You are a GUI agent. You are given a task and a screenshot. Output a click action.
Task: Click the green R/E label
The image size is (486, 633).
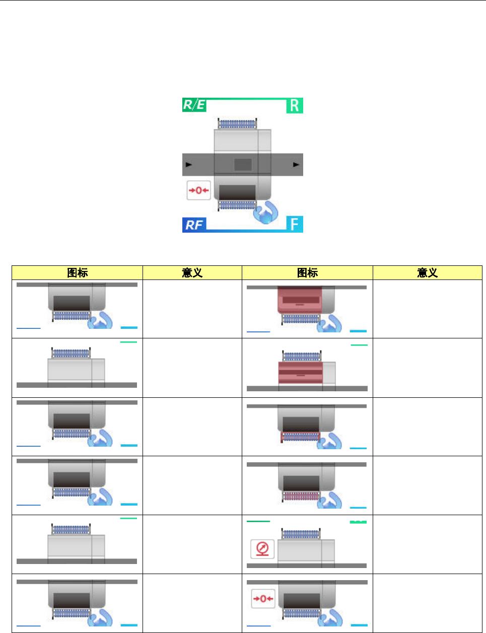tap(194, 105)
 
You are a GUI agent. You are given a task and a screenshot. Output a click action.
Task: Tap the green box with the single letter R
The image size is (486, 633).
tap(295, 106)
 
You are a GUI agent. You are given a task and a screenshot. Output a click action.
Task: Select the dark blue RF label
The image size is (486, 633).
tap(194, 225)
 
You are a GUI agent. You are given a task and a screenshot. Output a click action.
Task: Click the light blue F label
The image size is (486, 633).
tap(295, 224)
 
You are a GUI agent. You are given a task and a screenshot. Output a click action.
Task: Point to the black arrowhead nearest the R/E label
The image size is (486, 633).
tap(189, 164)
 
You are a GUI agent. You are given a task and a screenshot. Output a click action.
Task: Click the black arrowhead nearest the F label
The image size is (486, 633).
tap(296, 164)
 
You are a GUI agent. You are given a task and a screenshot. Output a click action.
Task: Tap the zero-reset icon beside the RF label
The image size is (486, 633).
tap(198, 190)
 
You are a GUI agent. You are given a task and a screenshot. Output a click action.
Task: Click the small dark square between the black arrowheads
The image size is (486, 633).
tap(243, 164)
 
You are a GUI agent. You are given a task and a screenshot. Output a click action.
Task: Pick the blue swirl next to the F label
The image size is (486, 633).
tap(265, 212)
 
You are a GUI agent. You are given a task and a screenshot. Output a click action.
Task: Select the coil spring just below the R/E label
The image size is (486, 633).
tap(237, 123)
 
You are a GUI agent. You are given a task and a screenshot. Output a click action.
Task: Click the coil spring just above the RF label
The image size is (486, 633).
tap(237, 205)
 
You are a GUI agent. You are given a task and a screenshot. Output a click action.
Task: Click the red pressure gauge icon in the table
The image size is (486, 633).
tap(262, 548)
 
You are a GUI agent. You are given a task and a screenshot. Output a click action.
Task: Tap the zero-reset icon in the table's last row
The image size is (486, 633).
tap(263, 599)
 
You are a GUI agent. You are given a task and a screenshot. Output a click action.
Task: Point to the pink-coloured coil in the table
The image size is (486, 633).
tap(301, 497)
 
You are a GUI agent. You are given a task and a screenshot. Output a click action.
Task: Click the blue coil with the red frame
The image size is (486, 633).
tap(301, 437)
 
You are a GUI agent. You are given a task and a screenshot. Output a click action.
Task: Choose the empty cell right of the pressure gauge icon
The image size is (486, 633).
tap(427, 544)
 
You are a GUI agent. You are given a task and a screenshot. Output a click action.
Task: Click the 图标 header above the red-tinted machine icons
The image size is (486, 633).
tap(307, 273)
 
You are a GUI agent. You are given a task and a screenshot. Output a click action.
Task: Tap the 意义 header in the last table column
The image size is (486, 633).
tap(427, 273)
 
